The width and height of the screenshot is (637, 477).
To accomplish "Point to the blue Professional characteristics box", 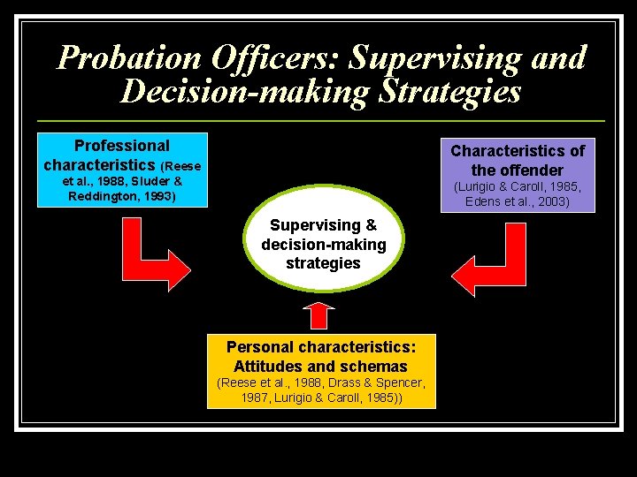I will [122, 170].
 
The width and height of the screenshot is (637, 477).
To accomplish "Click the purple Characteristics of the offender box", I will [518, 175].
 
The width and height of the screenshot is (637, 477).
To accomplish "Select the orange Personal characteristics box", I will [322, 370].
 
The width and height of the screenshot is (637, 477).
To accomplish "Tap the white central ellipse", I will [323, 245].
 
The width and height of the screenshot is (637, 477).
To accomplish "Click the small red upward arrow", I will [321, 315].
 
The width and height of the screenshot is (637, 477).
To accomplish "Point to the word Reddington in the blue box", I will [102, 195].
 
